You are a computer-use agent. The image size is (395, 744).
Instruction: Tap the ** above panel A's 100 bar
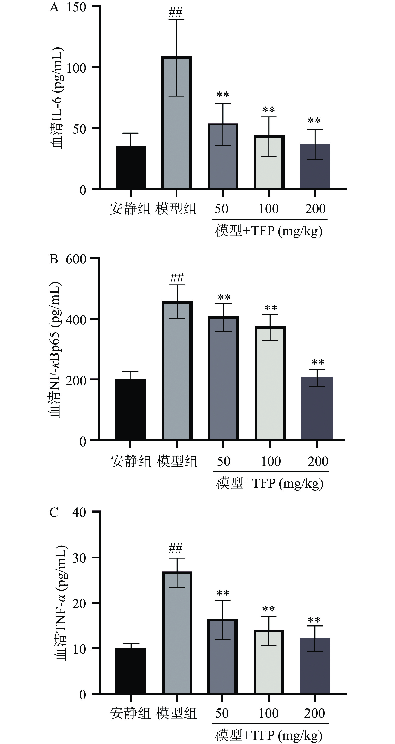pos(269,110)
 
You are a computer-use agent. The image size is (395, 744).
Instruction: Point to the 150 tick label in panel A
pos(76,7)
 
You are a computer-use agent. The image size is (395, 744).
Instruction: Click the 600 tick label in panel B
pos(76,259)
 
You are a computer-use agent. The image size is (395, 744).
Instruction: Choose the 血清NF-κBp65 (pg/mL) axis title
pos(55,350)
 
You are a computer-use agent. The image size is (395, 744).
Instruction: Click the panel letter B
pos(54,259)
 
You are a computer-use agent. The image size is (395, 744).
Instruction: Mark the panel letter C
pos(54,512)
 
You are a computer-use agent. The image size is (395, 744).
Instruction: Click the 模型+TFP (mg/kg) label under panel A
pos(269,231)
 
